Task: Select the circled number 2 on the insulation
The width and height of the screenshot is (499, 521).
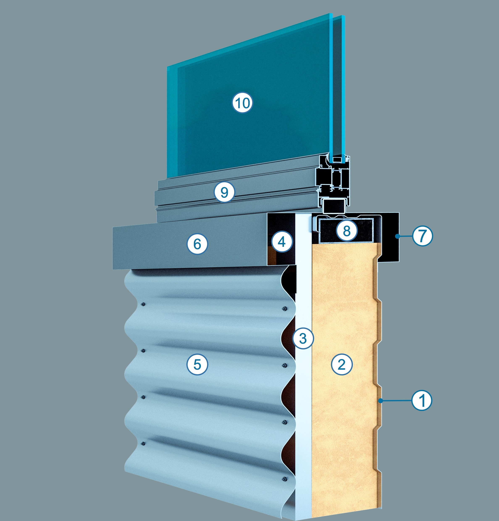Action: click(x=342, y=364)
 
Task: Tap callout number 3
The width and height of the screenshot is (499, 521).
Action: click(x=303, y=339)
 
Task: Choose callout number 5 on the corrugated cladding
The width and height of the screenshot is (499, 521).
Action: click(x=197, y=364)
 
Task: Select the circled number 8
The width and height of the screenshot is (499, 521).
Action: click(x=347, y=231)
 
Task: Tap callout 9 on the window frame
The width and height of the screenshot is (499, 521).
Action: click(x=225, y=192)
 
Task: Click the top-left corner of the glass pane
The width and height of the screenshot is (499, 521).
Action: click(x=167, y=66)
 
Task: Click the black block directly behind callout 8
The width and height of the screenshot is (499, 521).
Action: click(x=347, y=231)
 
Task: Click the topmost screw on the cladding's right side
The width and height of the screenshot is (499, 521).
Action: click(x=284, y=309)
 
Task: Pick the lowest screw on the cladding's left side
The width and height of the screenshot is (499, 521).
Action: click(x=143, y=443)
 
